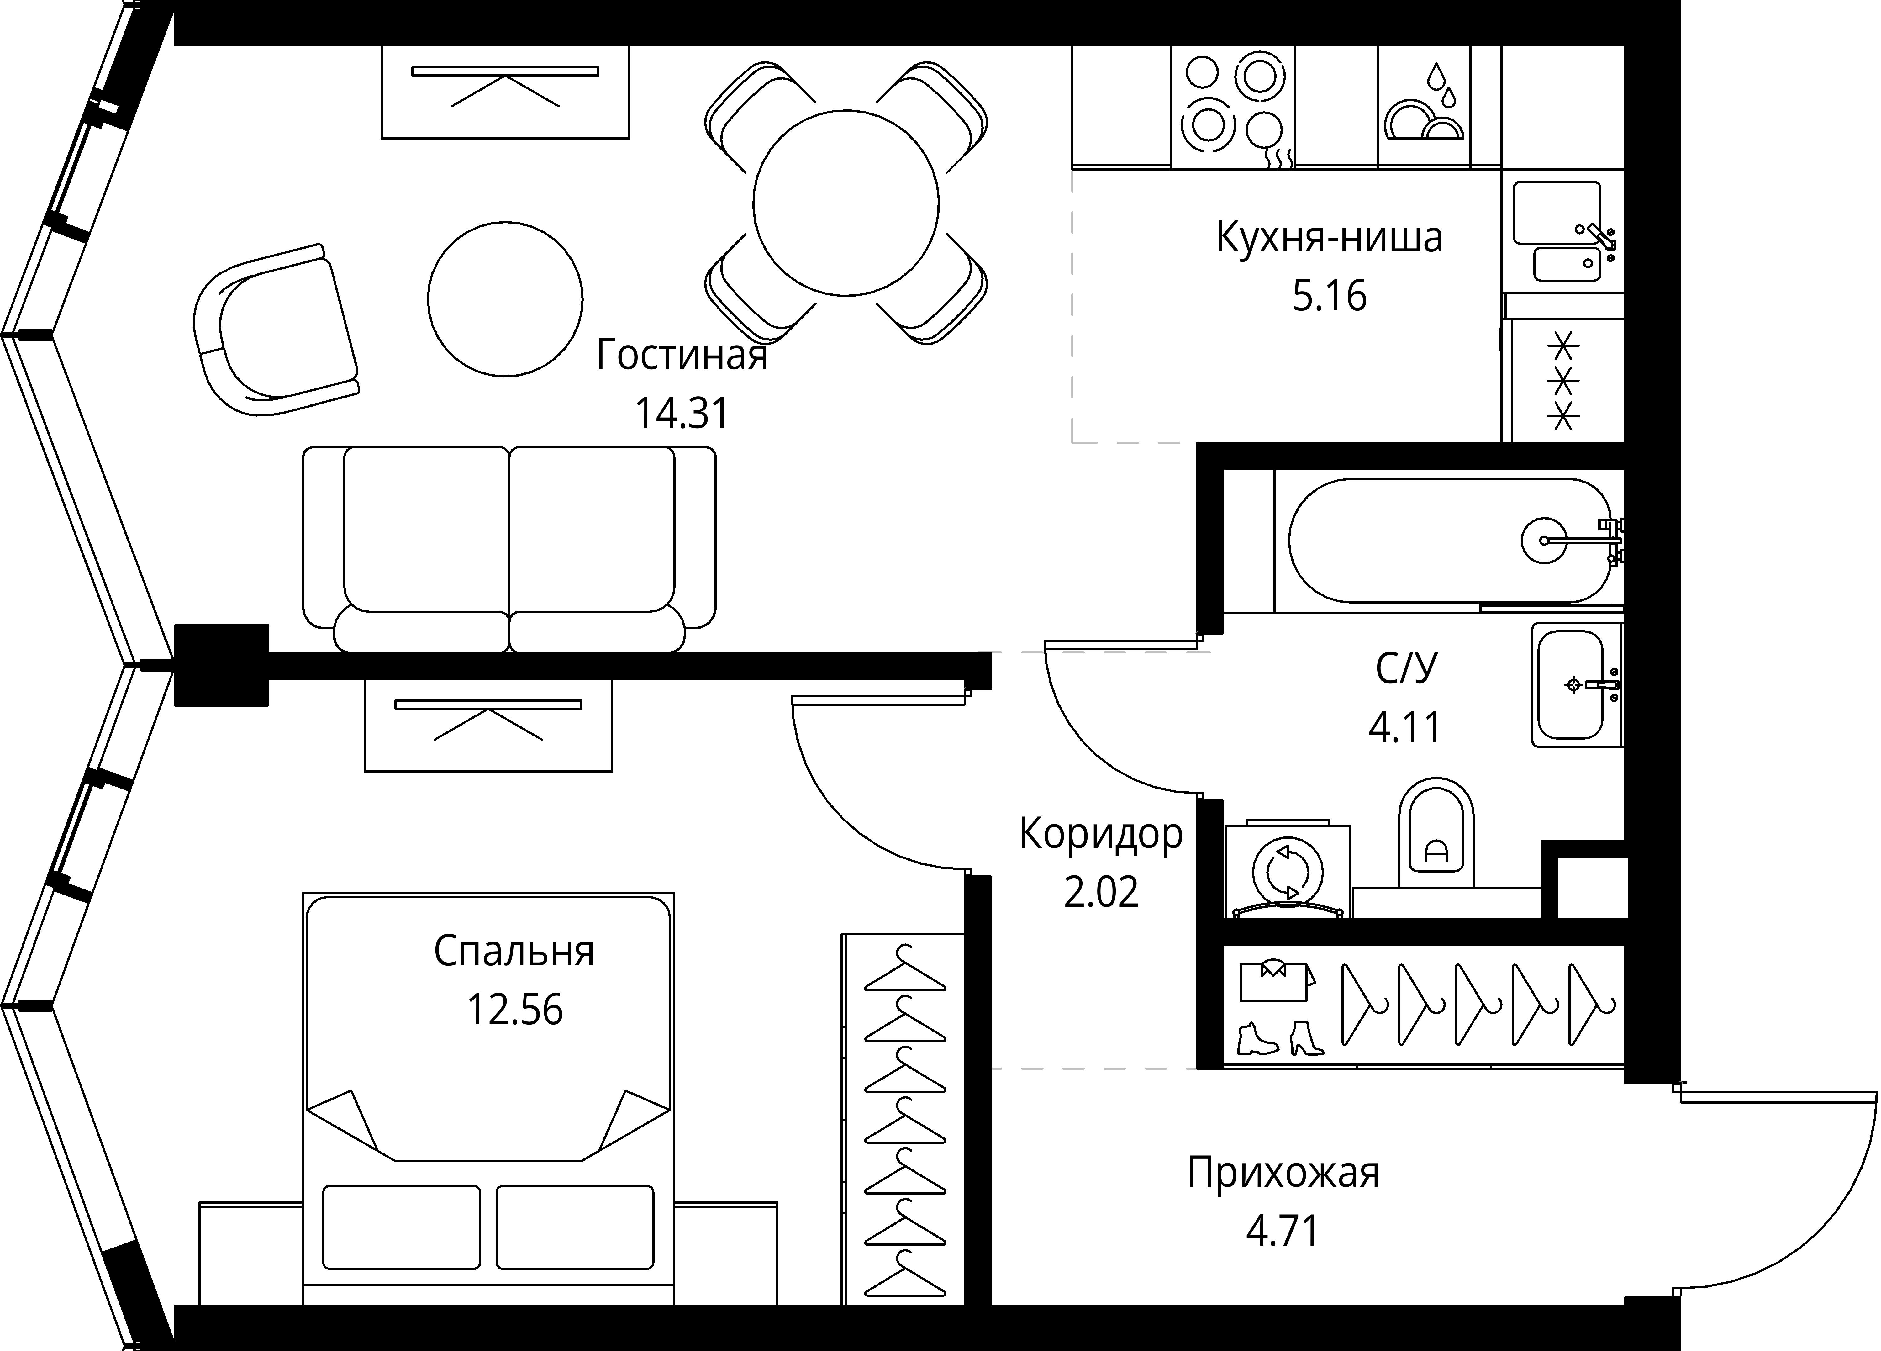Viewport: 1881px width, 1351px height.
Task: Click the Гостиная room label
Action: point(682,356)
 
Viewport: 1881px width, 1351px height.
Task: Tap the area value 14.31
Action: point(682,413)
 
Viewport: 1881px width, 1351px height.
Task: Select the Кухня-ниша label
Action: point(1329,238)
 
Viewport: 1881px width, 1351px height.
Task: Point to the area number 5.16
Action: point(1329,296)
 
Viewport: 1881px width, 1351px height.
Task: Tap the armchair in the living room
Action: point(274,332)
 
